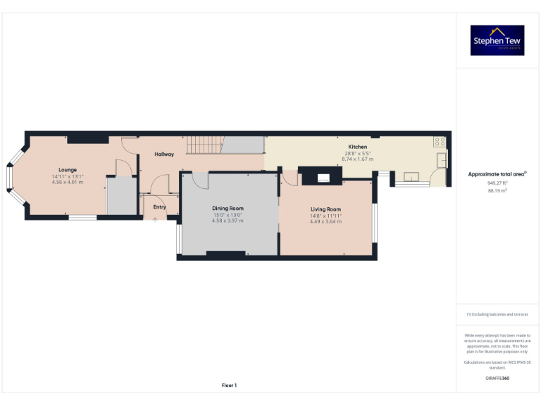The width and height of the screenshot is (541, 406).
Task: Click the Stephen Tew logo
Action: [x=497, y=40]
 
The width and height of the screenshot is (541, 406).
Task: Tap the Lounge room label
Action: [x=68, y=170]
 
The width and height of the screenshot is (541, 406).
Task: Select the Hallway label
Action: [x=164, y=154]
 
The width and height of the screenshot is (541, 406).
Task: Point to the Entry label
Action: [x=159, y=207]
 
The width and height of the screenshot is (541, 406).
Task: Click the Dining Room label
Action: [x=228, y=208]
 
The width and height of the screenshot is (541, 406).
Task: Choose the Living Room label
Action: [x=325, y=209]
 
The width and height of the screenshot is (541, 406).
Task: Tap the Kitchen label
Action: [x=357, y=147]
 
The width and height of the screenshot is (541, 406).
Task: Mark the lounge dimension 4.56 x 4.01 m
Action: [x=68, y=182]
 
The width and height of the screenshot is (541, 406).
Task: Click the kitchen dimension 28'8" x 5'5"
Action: [x=357, y=153]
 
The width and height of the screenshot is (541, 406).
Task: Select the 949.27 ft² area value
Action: [x=497, y=183]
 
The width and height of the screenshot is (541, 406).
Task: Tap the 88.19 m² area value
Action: [x=497, y=190]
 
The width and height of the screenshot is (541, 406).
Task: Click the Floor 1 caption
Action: [x=229, y=385]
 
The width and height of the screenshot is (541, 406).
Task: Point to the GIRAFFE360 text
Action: [x=497, y=379]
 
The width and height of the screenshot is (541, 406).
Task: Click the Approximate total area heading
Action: [x=497, y=173]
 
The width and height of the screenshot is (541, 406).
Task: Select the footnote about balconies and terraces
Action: [x=497, y=314]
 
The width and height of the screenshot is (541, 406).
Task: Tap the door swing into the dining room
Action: [x=199, y=180]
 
